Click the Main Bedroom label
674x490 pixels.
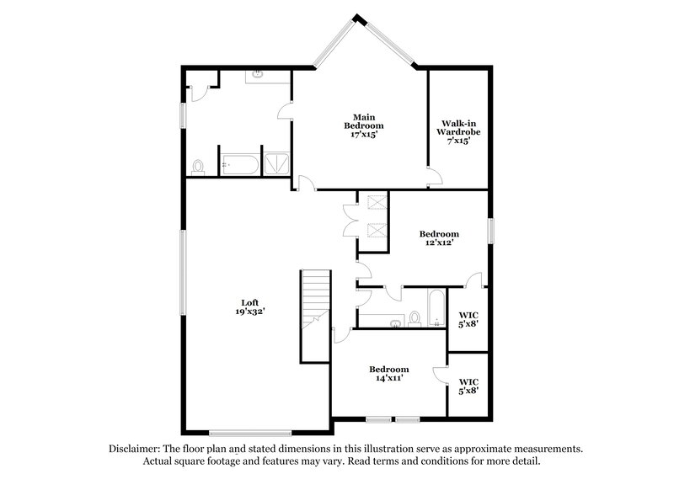363,125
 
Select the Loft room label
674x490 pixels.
249,302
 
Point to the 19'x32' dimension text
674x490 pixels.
249,312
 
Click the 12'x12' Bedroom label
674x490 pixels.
439,238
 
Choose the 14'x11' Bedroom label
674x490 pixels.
388,374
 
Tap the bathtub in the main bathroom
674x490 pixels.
238,165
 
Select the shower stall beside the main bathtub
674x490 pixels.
275,165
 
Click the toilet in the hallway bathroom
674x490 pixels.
414,317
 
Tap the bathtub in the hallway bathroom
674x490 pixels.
436,308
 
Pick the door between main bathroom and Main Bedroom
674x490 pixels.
286,111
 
